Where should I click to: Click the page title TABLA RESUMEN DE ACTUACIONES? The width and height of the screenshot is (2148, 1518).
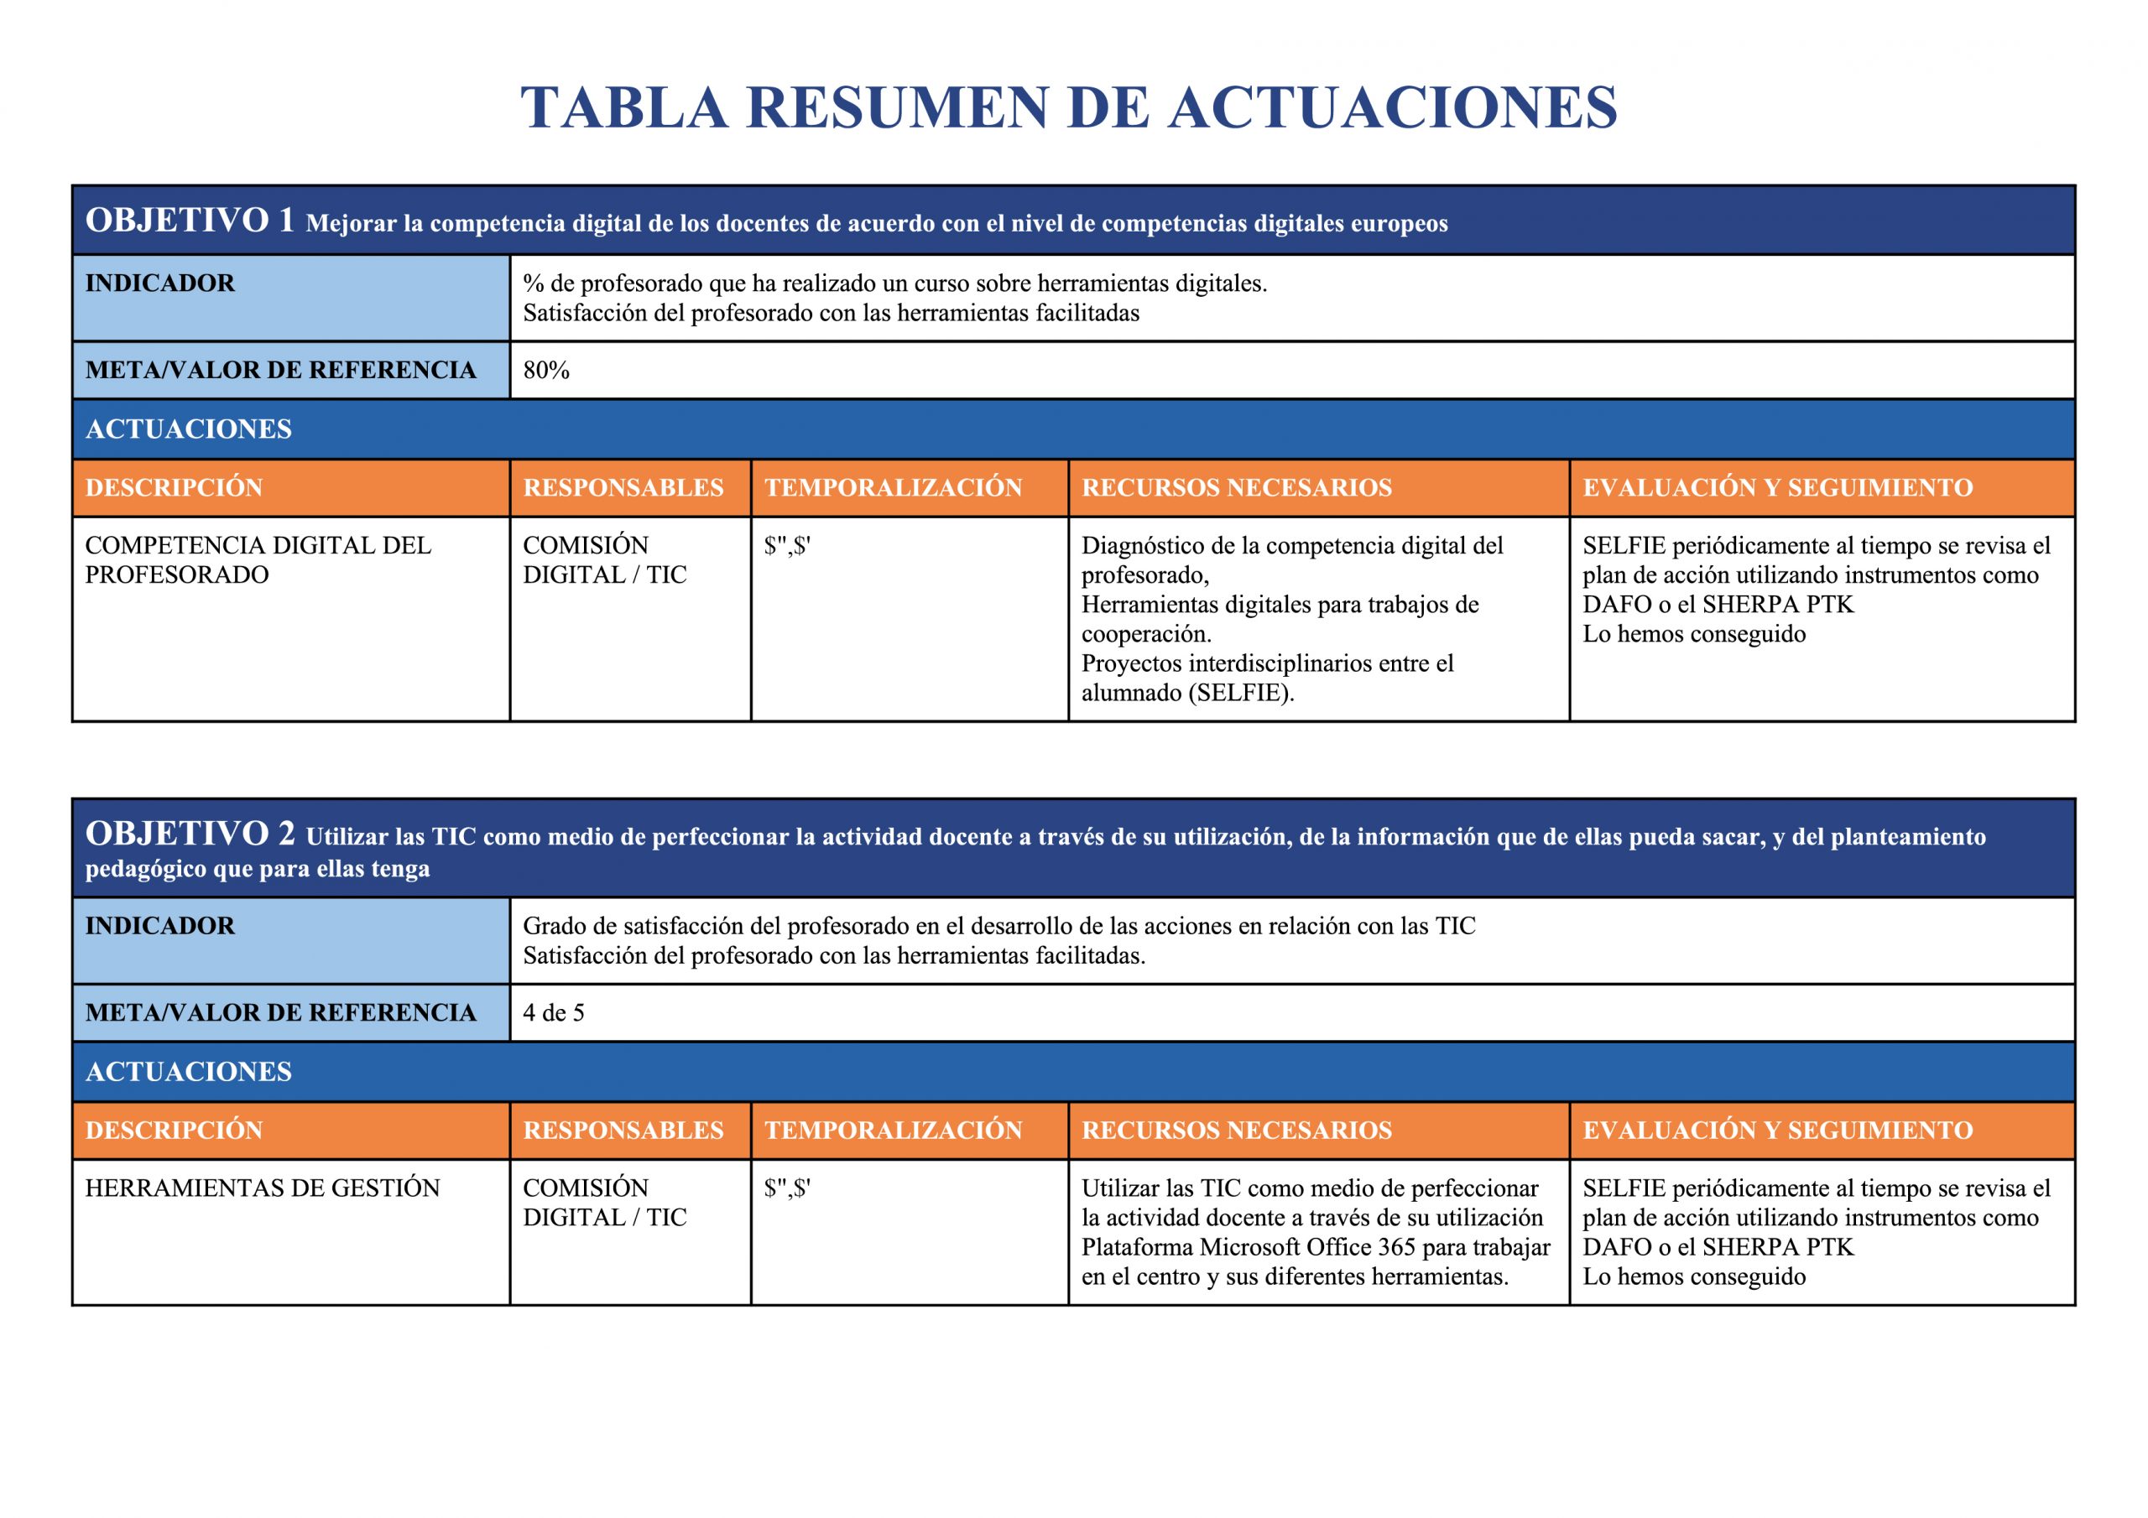click(1068, 107)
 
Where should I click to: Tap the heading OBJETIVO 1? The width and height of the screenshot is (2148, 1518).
click(189, 221)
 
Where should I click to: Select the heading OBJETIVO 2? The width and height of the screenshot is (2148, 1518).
click(189, 834)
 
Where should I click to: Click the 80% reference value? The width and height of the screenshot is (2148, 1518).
click(546, 371)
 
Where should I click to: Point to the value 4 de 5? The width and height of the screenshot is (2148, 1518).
click(553, 1013)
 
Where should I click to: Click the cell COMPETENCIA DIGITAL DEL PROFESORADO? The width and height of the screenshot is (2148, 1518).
click(258, 560)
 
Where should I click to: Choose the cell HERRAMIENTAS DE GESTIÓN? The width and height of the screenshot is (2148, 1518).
click(262, 1188)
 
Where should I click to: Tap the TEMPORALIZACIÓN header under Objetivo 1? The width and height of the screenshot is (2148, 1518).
click(893, 487)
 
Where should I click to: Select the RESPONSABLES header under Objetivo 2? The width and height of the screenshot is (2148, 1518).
click(623, 1130)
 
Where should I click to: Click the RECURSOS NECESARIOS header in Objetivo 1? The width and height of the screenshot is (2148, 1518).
click(1236, 487)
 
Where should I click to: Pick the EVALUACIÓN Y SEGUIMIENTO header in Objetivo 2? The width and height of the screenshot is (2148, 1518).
click(1776, 1130)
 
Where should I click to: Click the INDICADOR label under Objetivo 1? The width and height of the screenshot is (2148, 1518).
click(160, 283)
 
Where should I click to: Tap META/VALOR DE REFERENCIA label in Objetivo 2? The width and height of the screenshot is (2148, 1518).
click(280, 1013)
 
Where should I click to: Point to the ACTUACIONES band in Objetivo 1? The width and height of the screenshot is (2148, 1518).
click(189, 429)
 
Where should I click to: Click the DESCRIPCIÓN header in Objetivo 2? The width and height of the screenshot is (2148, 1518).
click(174, 1130)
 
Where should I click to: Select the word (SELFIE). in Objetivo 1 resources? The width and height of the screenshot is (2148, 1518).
click(1242, 693)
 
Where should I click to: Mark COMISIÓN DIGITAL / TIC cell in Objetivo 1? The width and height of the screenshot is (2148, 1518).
click(604, 560)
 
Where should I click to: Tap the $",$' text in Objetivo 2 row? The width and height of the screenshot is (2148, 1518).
click(787, 1188)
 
